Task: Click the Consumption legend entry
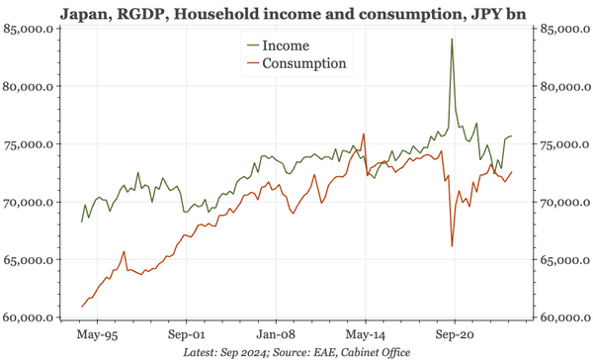tap(302, 63)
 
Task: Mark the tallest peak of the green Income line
tap(452, 40)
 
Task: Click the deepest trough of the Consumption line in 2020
tap(452, 246)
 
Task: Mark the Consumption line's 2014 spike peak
tap(365, 135)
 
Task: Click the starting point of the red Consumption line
tap(82, 307)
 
